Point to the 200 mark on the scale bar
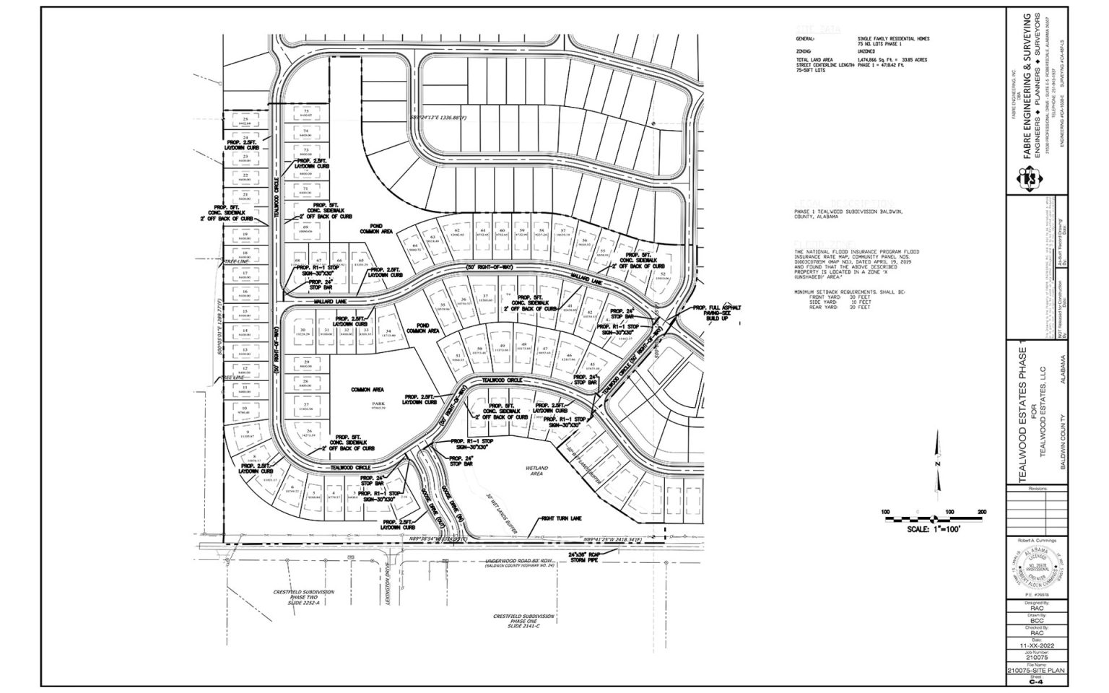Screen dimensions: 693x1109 981,512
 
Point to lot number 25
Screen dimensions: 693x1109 245,119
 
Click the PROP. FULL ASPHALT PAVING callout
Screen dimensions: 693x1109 715,312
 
